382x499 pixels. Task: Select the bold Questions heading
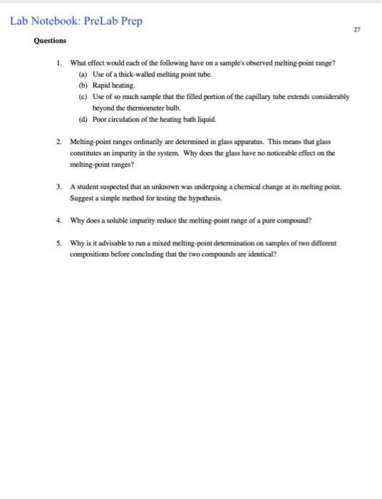tap(50, 41)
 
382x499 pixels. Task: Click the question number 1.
tap(59, 63)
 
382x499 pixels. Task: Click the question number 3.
tap(59, 187)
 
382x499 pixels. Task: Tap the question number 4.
tap(59, 220)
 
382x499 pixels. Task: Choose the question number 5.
tap(59, 243)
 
